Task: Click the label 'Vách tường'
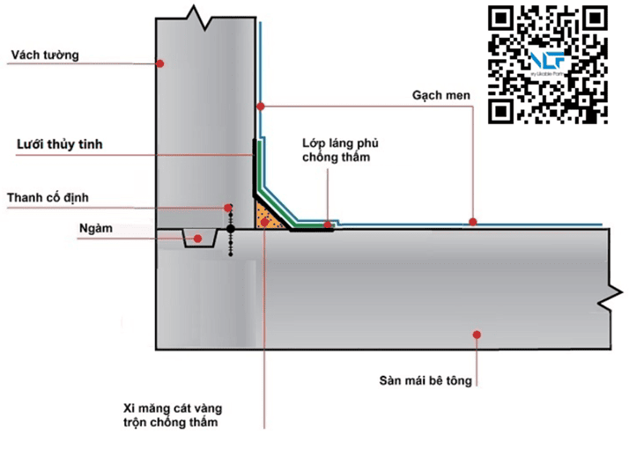[x=44, y=55]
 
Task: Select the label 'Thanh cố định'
[x=48, y=197]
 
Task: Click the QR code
[x=549, y=64]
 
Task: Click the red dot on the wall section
[x=160, y=63]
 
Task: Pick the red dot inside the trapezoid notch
[x=198, y=238]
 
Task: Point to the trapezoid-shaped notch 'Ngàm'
[x=198, y=239]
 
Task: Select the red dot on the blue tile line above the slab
[x=472, y=222]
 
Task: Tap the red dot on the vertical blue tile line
[x=260, y=107]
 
